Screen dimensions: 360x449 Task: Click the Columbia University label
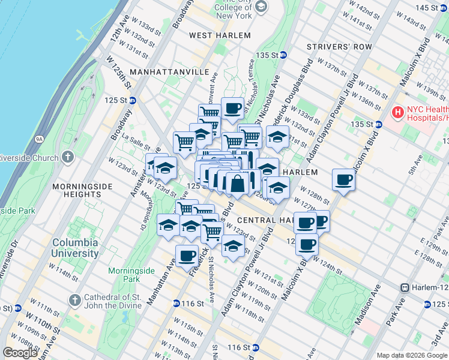click(75, 248)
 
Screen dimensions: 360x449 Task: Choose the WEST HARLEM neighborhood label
click(220, 35)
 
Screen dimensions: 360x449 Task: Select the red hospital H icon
click(397, 112)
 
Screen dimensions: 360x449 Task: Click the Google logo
click(20, 353)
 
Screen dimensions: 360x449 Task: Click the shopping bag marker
click(237, 182)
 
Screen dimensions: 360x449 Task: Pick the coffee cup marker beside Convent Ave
click(232, 109)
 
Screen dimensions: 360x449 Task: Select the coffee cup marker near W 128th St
click(344, 179)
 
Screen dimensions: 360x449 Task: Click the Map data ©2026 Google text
click(412, 355)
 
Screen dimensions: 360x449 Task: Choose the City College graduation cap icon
click(261, 7)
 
